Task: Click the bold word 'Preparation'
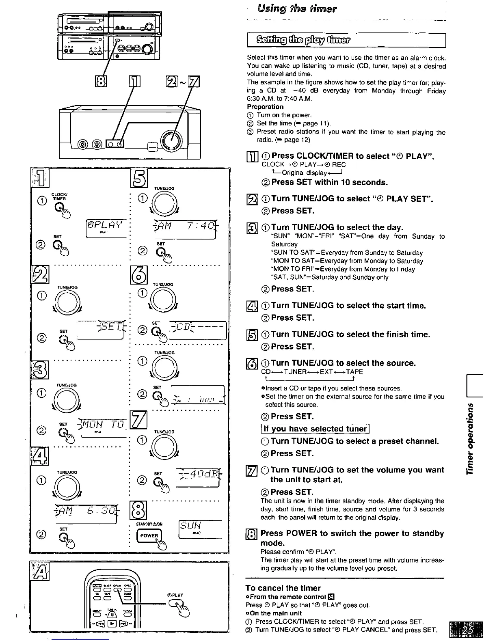(x=265, y=107)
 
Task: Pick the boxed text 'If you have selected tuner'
(x=315, y=429)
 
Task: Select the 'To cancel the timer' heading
(x=283, y=588)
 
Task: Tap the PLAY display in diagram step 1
(x=106, y=225)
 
